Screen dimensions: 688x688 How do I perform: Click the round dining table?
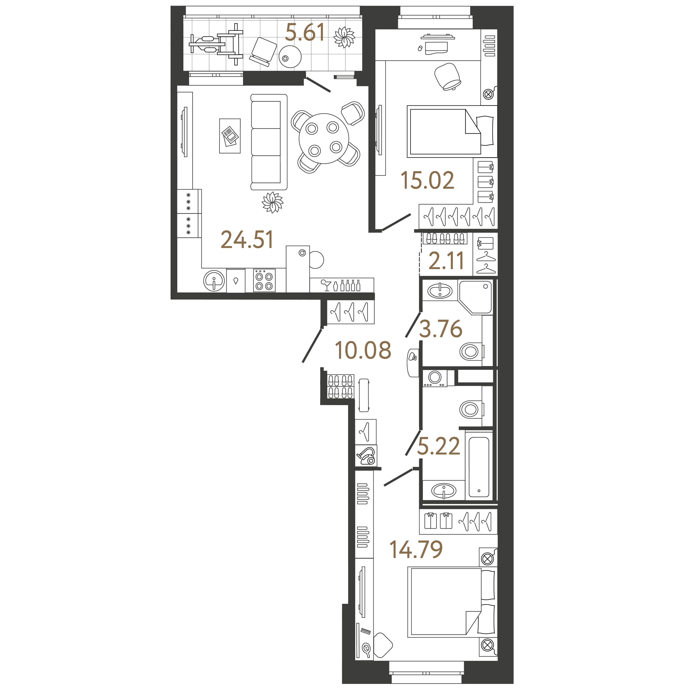(x=324, y=139)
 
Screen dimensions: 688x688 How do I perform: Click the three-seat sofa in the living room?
(x=269, y=142)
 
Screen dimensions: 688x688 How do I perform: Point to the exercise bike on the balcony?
(x=216, y=44)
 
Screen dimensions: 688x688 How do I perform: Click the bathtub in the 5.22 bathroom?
(x=479, y=466)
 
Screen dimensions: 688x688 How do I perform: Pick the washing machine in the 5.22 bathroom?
(x=435, y=378)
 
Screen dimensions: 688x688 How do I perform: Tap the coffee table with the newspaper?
(x=230, y=136)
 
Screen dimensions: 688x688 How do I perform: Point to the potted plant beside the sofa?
(x=272, y=203)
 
